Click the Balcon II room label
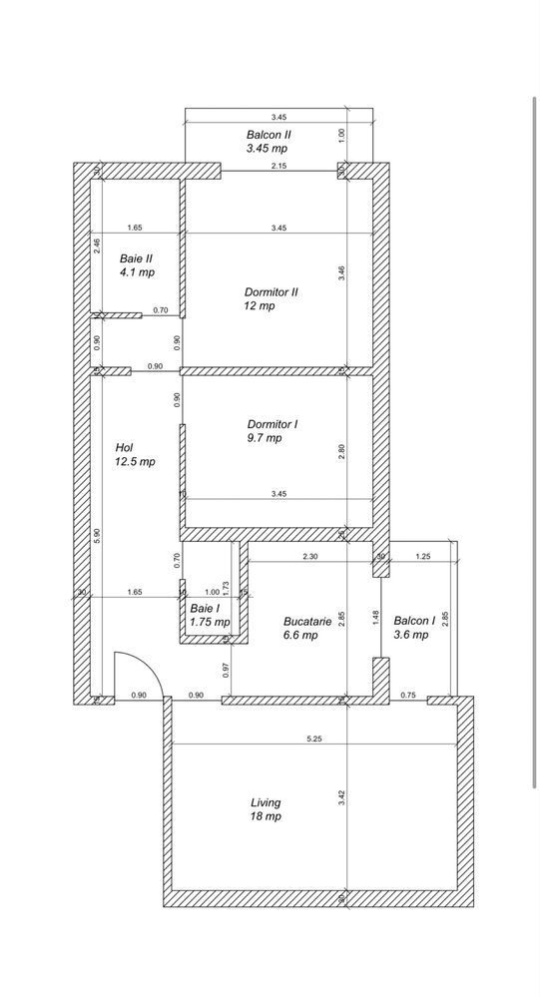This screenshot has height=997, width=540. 269,134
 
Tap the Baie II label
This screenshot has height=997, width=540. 137,257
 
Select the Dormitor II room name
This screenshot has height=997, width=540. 271,292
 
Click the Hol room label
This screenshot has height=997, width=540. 124,447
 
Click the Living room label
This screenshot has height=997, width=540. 266,801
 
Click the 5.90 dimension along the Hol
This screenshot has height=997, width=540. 97,534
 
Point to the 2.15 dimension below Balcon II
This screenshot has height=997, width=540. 279,166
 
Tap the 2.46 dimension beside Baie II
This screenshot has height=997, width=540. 97,246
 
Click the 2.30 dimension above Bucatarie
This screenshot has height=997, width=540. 310,557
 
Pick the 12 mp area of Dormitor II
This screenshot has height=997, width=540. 259,306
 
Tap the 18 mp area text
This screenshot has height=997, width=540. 266,816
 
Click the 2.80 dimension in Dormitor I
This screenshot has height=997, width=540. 341,449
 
